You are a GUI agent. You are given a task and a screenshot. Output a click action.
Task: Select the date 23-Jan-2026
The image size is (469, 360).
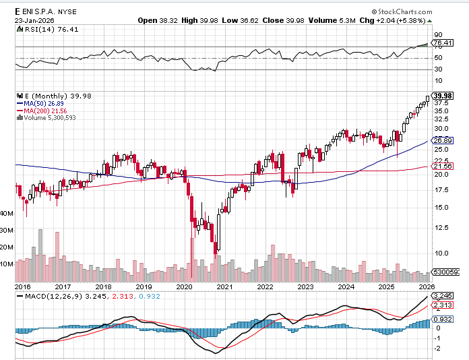click(34, 20)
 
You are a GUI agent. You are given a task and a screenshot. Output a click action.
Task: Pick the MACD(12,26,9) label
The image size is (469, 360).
click(45, 296)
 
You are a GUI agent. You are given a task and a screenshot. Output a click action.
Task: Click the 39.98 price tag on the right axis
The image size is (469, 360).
click(443, 96)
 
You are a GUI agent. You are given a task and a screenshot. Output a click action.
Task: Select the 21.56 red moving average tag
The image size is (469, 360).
click(441, 166)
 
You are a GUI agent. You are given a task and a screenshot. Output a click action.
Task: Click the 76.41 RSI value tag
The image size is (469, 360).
click(441, 43)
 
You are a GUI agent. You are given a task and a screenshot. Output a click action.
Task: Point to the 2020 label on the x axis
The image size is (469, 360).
click(185, 287)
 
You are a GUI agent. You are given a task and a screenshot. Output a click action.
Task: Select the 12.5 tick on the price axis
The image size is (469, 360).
click(441, 227)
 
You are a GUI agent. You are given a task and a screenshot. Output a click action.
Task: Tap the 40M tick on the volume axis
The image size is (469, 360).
click(7, 213)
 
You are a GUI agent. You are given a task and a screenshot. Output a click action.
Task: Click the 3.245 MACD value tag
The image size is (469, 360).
click(441, 296)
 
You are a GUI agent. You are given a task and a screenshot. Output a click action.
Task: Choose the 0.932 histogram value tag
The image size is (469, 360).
click(441, 319)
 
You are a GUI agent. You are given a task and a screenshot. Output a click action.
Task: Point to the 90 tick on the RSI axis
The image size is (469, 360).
click(437, 34)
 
